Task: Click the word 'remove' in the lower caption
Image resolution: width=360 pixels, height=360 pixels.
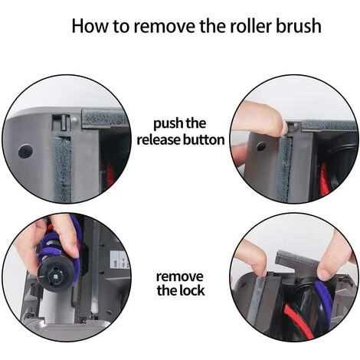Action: pos(179,275)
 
